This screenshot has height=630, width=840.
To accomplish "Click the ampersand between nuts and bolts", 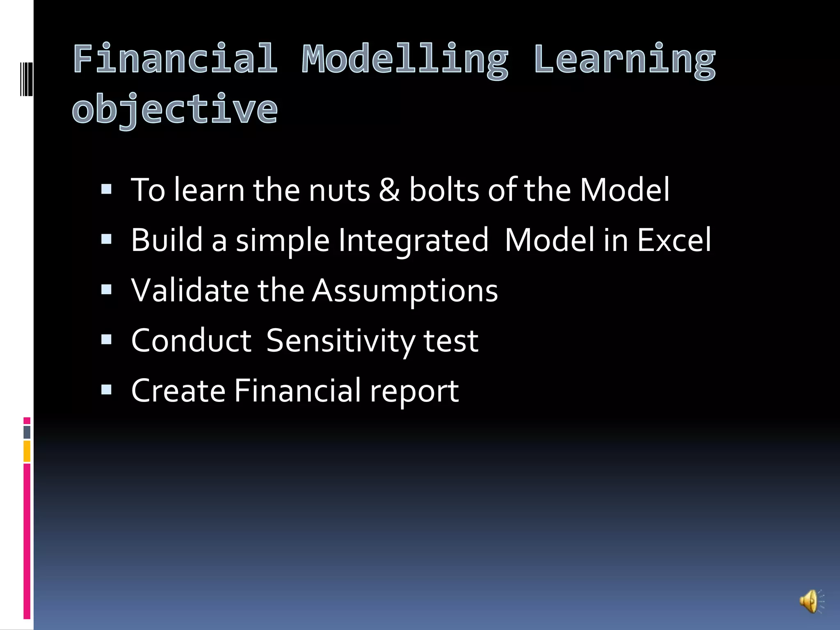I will point(389,190).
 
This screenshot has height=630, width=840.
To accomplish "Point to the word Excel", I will point(674,240).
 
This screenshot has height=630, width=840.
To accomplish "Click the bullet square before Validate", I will point(106,290).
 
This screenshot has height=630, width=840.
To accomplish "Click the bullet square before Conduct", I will point(106,340).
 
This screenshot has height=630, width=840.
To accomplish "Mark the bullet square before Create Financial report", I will point(106,390).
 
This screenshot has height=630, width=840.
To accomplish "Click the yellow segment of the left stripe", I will point(27,451).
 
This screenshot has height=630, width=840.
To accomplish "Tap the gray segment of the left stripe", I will point(27,432).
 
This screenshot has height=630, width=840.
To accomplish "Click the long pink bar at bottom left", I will point(27,541).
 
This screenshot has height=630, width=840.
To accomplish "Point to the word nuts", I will point(339,191).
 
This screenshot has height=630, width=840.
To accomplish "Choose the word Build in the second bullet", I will point(167,240).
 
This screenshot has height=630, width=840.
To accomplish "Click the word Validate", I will point(190,290).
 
